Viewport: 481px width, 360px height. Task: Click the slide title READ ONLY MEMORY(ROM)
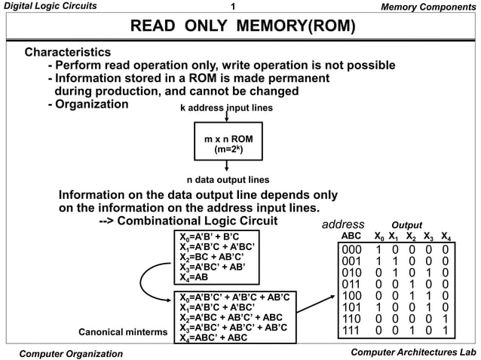click(242, 28)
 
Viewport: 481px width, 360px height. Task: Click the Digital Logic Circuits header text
click(50, 7)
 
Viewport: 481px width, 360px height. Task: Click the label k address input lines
click(226, 108)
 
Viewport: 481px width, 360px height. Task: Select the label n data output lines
click(227, 180)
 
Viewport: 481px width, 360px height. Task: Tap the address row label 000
click(351, 250)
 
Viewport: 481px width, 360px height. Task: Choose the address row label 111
click(351, 331)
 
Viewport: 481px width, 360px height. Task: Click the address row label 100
click(351, 296)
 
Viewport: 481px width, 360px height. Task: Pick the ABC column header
click(351, 236)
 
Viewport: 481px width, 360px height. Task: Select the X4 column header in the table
click(446, 236)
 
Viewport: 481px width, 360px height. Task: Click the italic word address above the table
click(343, 224)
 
